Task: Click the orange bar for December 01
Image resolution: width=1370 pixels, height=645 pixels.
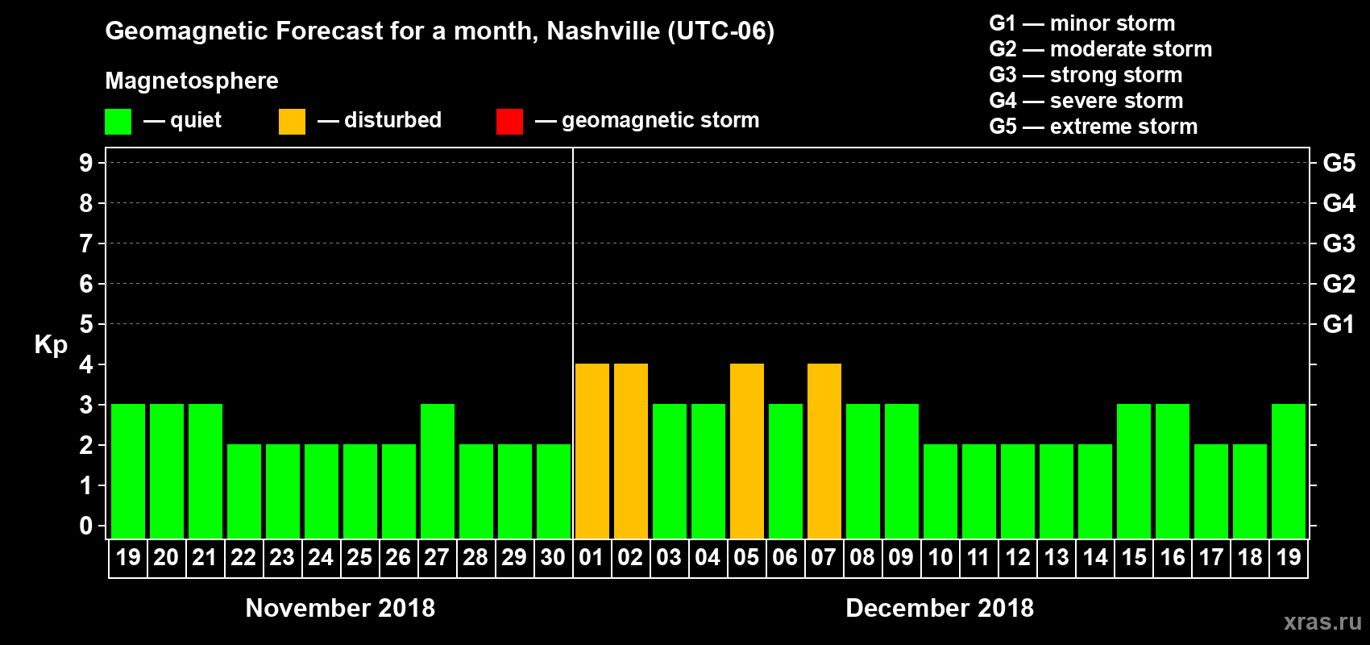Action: click(592, 451)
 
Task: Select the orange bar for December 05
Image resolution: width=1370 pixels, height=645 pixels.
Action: click(747, 451)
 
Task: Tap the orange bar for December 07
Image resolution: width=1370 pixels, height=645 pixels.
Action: click(824, 451)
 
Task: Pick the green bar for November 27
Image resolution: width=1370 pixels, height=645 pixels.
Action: click(438, 472)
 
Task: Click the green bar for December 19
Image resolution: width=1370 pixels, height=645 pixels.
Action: click(1289, 472)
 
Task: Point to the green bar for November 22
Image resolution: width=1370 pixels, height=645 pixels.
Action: click(244, 492)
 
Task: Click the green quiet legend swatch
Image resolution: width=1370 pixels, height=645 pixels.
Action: click(118, 122)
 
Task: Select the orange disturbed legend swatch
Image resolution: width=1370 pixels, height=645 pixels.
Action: click(292, 122)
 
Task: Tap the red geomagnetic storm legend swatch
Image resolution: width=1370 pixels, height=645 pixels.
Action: click(509, 122)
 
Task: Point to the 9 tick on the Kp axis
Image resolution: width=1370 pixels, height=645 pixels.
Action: click(86, 163)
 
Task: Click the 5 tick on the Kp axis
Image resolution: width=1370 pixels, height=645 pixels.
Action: click(86, 324)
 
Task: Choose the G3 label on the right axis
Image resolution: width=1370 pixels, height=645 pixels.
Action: click(1339, 243)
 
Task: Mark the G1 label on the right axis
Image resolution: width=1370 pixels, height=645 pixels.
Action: click(1339, 324)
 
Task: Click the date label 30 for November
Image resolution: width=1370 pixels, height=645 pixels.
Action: click(553, 557)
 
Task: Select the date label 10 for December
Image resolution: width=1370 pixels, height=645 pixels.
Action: click(940, 557)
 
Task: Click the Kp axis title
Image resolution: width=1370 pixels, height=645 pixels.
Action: click(51, 344)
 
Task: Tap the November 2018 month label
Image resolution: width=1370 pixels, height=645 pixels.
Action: click(340, 608)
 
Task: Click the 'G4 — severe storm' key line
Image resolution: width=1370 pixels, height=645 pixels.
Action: click(1086, 101)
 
